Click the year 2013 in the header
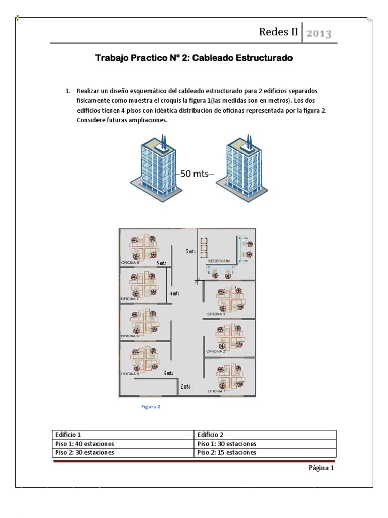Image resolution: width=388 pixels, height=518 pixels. coord(319,34)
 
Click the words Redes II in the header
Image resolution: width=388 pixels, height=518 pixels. coord(278,32)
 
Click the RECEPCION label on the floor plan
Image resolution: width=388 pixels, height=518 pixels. coord(219,261)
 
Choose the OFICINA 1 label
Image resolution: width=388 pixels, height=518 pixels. coord(216,391)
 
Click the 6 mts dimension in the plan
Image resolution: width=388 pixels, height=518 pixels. coord(168,373)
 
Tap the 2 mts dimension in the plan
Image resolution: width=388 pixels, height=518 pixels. coord(185,386)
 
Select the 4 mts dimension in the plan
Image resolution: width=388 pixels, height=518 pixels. coord(174,293)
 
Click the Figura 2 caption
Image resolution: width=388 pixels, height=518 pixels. coord(151,406)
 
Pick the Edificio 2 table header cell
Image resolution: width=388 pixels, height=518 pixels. coord(211,435)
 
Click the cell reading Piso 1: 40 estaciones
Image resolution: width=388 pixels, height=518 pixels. coord(84,444)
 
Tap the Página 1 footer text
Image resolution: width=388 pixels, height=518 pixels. coord(321,468)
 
